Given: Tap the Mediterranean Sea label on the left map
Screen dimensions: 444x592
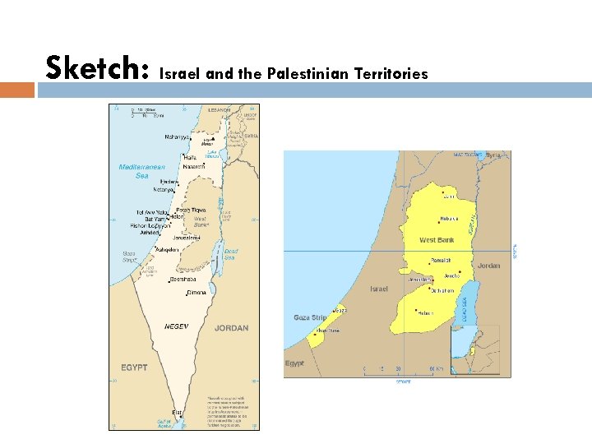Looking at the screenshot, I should (142, 171).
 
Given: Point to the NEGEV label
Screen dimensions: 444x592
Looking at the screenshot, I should (176, 326).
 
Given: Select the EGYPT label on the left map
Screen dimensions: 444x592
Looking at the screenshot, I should (134, 367).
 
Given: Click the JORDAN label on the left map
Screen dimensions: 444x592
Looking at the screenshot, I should (231, 327).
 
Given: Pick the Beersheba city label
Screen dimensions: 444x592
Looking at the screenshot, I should (183, 280).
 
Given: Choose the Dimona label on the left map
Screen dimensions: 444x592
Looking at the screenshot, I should (196, 292).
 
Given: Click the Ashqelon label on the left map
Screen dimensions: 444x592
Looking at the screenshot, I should (165, 250).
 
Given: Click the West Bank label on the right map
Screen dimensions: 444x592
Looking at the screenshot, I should (437, 240).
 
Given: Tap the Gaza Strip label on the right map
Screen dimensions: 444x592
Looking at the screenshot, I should (310, 317).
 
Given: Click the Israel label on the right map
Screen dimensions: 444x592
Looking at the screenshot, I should (379, 289).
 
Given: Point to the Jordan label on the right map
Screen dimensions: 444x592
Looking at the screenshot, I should (488, 266).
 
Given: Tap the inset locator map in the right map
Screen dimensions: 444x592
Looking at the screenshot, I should (474, 349).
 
